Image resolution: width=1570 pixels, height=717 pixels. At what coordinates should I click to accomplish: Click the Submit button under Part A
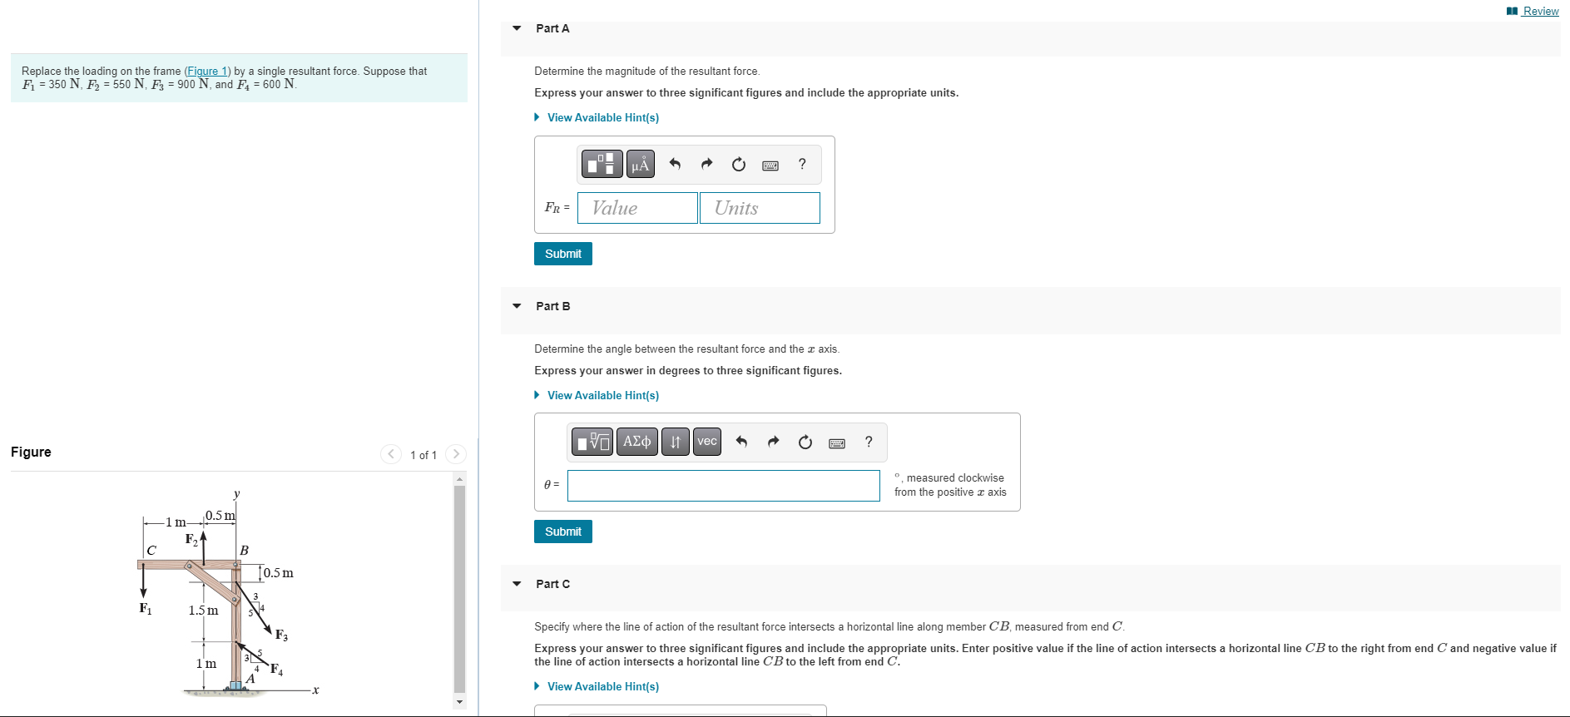click(562, 254)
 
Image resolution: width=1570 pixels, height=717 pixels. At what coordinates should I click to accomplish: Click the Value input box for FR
click(637, 208)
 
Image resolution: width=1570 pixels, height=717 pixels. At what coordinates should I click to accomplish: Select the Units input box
click(760, 208)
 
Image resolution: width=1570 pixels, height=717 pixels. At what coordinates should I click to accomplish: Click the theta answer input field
click(723, 486)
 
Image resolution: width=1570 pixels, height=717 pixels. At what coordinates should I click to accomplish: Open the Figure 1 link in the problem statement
click(207, 72)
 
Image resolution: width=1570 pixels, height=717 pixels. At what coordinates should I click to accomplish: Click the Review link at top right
click(1539, 11)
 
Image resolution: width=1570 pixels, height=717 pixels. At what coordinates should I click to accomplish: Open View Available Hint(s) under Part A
click(602, 117)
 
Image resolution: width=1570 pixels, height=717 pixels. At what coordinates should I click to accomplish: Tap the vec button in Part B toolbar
click(707, 442)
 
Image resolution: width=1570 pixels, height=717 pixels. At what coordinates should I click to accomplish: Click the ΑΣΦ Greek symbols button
click(636, 442)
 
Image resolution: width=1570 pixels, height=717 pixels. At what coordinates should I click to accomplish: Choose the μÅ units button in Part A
click(640, 165)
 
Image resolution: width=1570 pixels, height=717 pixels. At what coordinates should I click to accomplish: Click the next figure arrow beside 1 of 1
click(455, 454)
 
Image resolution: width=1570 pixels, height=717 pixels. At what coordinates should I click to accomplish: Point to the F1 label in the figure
click(146, 609)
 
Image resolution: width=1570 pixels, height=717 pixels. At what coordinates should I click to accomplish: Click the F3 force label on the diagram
click(281, 635)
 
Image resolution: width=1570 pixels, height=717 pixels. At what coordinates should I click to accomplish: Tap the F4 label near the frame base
click(276, 669)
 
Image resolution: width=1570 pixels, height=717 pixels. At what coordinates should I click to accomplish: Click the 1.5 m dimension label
click(203, 611)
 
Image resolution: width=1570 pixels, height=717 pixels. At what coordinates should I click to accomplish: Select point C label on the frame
click(151, 551)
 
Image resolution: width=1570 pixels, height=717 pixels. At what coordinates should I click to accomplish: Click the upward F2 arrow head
click(203, 537)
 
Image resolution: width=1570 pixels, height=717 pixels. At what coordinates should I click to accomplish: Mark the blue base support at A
click(235, 685)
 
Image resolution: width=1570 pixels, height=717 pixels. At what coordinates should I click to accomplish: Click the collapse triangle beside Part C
click(517, 584)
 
